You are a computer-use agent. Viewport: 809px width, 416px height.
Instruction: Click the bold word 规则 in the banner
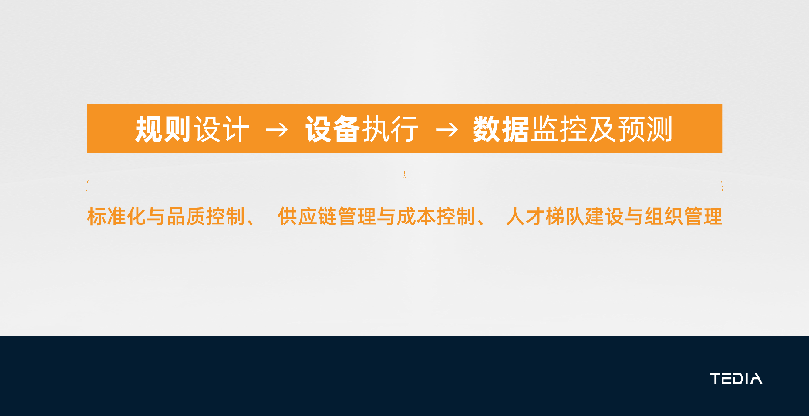tap(163, 129)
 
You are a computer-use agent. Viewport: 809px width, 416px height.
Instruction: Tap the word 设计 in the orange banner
tap(221, 129)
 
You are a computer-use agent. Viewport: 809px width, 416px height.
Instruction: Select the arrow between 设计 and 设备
tap(277, 130)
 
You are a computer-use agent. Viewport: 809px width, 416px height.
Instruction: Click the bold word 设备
tap(333, 129)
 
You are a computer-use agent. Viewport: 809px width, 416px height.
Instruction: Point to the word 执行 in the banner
tap(390, 129)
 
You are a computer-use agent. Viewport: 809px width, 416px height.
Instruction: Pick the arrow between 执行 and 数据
tap(447, 130)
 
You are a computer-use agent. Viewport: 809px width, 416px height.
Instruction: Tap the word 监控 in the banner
tap(559, 129)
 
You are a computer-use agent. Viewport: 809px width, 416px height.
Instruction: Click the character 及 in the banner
tap(602, 129)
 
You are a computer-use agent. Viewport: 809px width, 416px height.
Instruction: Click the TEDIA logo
tap(736, 378)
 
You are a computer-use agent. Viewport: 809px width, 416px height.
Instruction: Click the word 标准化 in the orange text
tap(116, 216)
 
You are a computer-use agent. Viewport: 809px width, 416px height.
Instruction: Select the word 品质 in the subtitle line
tap(185, 216)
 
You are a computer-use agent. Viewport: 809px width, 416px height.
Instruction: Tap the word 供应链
tap(307, 216)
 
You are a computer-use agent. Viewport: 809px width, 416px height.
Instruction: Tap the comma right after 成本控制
tap(481, 222)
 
